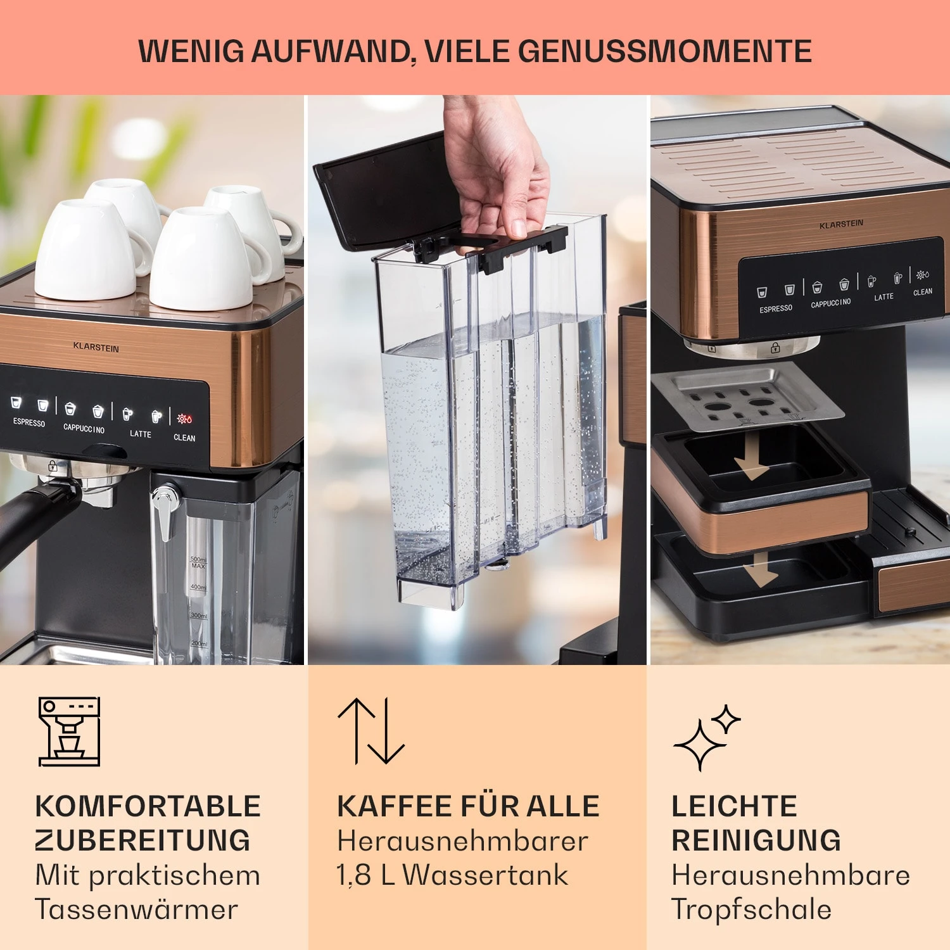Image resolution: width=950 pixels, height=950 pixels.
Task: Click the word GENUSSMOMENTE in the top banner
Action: click(x=665, y=51)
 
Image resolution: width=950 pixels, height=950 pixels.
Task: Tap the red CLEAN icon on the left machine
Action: click(x=184, y=419)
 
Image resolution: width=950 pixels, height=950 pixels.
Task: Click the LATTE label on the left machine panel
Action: click(x=141, y=434)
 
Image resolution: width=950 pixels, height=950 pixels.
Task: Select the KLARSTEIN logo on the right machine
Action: click(x=841, y=224)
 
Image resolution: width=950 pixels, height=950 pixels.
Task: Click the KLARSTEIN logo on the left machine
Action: click(x=96, y=347)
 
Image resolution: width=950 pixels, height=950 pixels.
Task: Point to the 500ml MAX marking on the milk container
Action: click(x=198, y=562)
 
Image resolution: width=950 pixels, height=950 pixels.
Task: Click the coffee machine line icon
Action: click(x=70, y=731)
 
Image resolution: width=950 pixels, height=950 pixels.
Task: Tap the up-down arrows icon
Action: click(x=371, y=731)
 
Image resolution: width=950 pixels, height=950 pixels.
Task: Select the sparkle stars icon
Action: click(x=706, y=738)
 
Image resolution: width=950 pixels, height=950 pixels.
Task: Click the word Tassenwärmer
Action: click(x=137, y=909)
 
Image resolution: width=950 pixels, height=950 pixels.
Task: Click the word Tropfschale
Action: click(x=751, y=909)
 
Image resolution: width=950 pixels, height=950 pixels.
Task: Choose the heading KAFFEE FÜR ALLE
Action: click(x=468, y=806)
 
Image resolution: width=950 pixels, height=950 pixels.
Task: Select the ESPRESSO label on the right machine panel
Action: click(x=776, y=309)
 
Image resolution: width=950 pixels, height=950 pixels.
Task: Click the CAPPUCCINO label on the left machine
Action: click(x=84, y=429)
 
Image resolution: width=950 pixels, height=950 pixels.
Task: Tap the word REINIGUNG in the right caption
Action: click(x=756, y=840)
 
